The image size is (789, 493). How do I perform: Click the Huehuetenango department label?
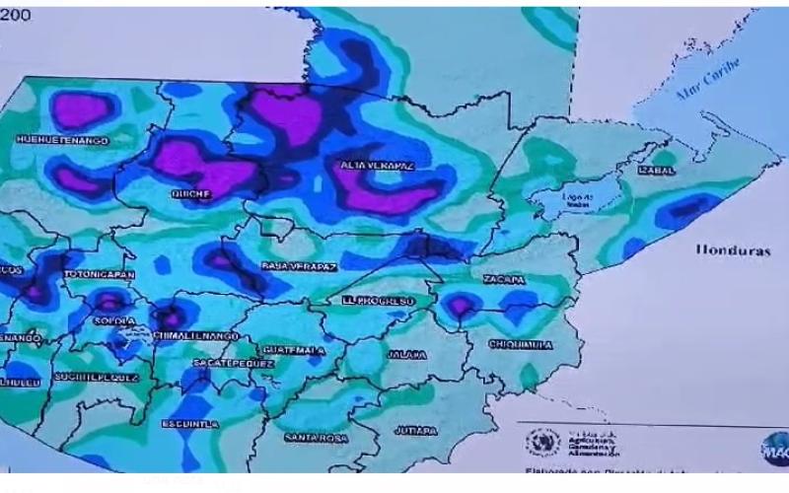[61, 141]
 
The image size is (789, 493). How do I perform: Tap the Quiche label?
[191, 194]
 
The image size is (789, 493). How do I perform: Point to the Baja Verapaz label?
[299, 266]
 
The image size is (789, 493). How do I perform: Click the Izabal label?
[657, 171]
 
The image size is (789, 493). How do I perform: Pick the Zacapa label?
[503, 280]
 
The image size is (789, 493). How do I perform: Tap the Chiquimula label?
[520, 345]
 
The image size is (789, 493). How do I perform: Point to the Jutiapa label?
[415, 431]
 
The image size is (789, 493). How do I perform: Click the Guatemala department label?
[294, 350]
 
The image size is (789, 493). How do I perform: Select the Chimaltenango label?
[197, 336]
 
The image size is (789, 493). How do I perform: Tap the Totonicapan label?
[100, 273]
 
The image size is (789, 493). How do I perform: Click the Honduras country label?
[732, 250]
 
